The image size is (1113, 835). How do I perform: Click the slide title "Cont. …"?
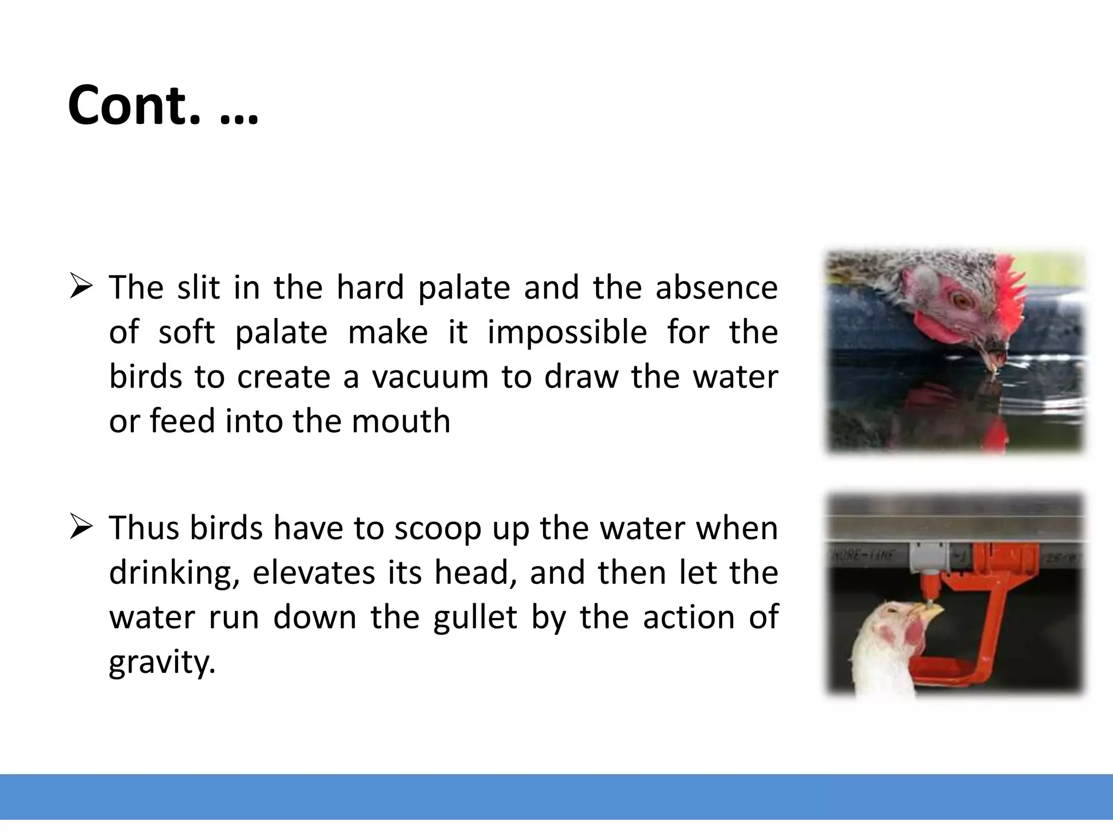163,105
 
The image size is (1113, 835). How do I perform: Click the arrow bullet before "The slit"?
82,287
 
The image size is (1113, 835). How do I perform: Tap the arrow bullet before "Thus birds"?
82,527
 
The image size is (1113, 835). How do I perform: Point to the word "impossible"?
567,332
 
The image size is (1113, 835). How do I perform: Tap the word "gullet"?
474,618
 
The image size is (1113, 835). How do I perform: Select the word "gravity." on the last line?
162,662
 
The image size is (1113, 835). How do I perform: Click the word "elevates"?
314,573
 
